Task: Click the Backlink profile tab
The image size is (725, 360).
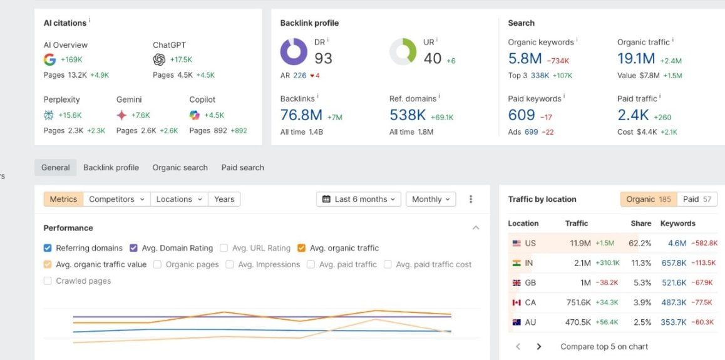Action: click(111, 168)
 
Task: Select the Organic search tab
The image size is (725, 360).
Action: click(180, 168)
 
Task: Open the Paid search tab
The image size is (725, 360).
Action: click(243, 168)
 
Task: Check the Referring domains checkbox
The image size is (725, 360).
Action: click(48, 248)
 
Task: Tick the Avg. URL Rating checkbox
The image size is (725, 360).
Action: click(224, 248)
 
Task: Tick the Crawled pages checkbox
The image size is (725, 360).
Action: click(48, 281)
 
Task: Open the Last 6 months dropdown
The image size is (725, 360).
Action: click(359, 199)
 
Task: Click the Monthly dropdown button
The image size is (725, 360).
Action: click(431, 199)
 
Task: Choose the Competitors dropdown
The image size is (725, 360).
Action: click(117, 199)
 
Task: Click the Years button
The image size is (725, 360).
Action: click(224, 199)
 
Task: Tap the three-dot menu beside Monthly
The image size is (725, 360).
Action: click(471, 199)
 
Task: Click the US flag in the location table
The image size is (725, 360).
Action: click(517, 243)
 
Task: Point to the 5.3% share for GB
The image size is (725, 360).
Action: click(643, 283)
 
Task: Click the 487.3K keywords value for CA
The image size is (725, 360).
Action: click(674, 302)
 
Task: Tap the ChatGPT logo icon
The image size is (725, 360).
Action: click(159, 59)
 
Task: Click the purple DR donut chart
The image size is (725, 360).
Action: click(294, 52)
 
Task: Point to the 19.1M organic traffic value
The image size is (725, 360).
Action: click(636, 59)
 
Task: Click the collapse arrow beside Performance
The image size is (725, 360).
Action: click(476, 228)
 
